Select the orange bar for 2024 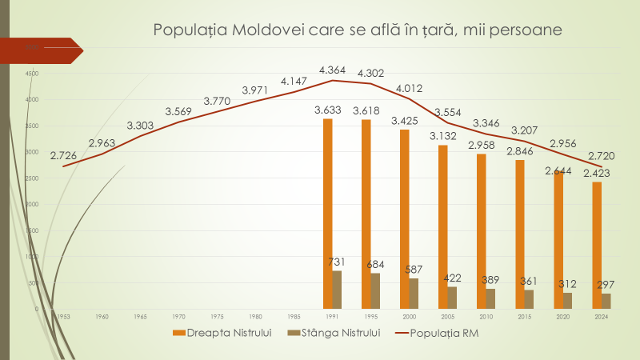click(x=597, y=245)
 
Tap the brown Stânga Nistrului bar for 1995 click(x=375, y=290)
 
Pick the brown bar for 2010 click(x=490, y=298)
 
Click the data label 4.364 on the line click(x=333, y=70)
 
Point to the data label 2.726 click(x=63, y=155)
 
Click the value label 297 click(x=606, y=285)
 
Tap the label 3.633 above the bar click(x=328, y=110)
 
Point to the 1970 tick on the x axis click(x=178, y=318)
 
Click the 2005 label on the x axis click(x=448, y=318)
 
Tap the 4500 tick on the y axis click(x=32, y=74)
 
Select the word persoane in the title click(x=529, y=31)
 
